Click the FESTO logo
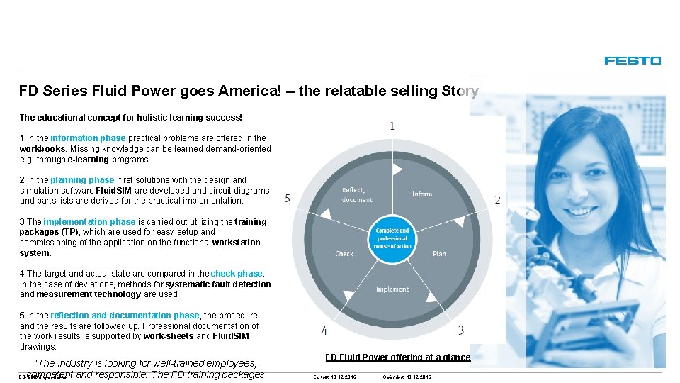(x=633, y=61)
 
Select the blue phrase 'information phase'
(x=88, y=138)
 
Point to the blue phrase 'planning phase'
(x=81, y=180)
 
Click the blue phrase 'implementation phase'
(x=89, y=222)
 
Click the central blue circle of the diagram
(x=392, y=239)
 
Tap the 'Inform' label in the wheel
(x=422, y=194)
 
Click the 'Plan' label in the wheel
(x=439, y=253)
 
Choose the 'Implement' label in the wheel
(x=392, y=289)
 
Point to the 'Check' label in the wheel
(x=344, y=253)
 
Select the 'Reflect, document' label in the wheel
(x=356, y=195)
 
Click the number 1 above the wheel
(x=392, y=126)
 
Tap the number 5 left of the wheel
(x=288, y=198)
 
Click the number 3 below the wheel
(x=460, y=330)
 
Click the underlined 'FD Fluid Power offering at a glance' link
(x=397, y=357)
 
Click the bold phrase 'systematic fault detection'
(x=218, y=284)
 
